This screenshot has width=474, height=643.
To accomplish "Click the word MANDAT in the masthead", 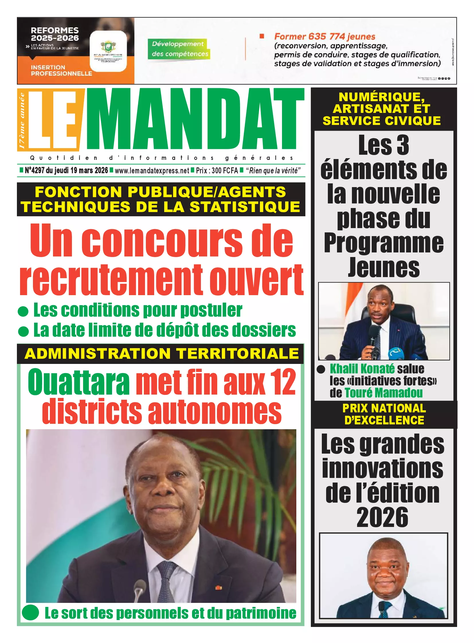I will [195, 119].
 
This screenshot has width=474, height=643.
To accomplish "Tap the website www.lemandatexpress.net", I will [152, 171].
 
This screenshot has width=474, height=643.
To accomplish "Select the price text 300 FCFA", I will [225, 171].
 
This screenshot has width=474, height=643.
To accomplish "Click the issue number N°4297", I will [34, 170].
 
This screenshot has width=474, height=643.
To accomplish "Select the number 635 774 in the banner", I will [326, 37].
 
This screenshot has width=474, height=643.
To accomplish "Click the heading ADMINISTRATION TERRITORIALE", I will [162, 354].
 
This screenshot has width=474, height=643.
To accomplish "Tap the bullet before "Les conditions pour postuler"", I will [23, 311].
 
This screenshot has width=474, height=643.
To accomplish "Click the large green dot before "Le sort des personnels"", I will [30, 612].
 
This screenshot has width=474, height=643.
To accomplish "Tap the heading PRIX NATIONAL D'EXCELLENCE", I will [384, 414].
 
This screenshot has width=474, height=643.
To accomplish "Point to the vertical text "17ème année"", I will [22, 121].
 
